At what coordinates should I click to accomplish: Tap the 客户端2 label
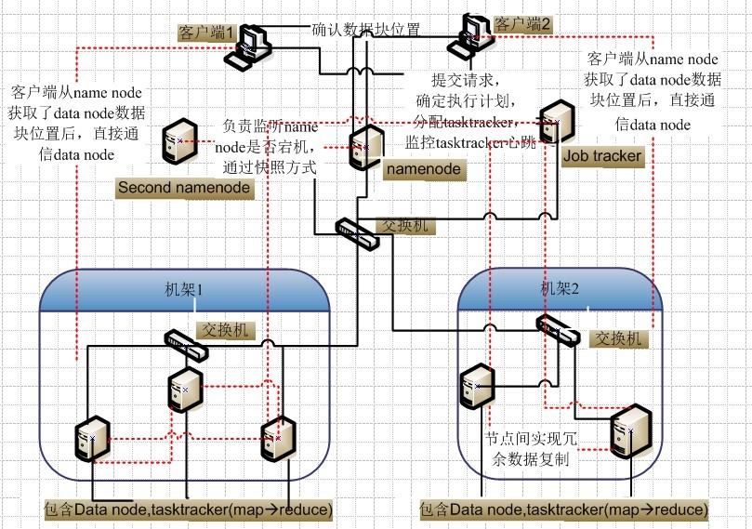pos(522,23)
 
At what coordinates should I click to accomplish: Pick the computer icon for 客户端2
pos(474,35)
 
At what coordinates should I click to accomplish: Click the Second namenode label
pos(185,188)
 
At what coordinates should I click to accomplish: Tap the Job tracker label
pos(602,155)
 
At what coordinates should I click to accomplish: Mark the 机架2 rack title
pos(561,288)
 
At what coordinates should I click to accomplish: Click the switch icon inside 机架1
pos(187,344)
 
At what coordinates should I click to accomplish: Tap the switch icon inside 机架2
pos(560,329)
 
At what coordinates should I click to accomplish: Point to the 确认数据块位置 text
pos(365,29)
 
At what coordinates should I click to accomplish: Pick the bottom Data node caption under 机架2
pos(563,509)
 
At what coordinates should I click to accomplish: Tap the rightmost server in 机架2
pos(628,433)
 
